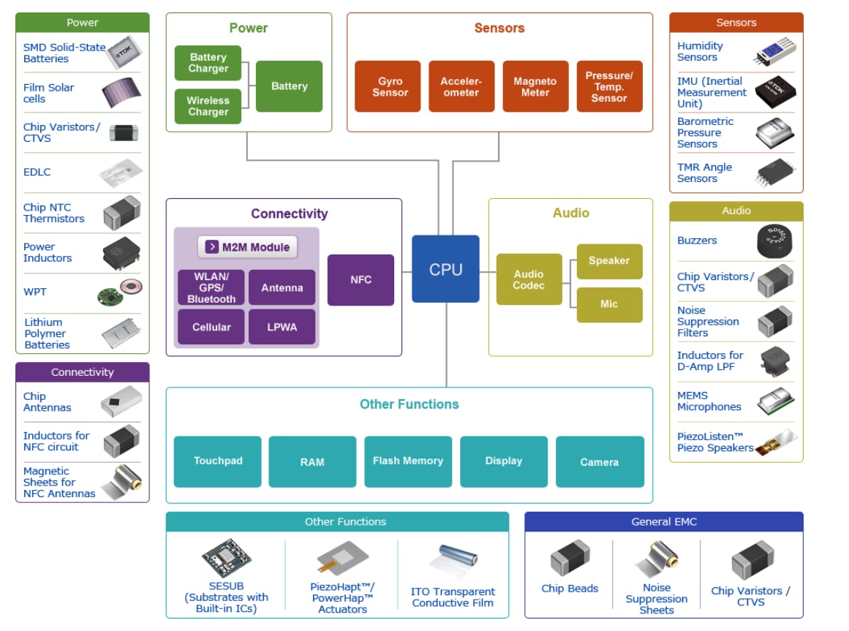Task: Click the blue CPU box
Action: click(445, 269)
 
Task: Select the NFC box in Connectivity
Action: click(361, 280)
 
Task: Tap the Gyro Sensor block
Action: click(388, 86)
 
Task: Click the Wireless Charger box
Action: click(208, 106)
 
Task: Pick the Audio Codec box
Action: click(529, 279)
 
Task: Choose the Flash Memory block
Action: click(407, 461)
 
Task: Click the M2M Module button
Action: click(248, 247)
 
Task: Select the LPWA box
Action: click(282, 327)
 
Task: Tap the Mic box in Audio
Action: click(609, 304)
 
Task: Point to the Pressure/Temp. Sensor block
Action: click(609, 86)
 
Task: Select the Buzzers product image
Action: click(774, 241)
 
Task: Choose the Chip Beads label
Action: click(570, 589)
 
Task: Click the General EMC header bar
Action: click(663, 521)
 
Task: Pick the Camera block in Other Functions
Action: click(600, 461)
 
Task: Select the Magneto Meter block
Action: click(535, 86)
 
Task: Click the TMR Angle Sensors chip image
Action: click(775, 173)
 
